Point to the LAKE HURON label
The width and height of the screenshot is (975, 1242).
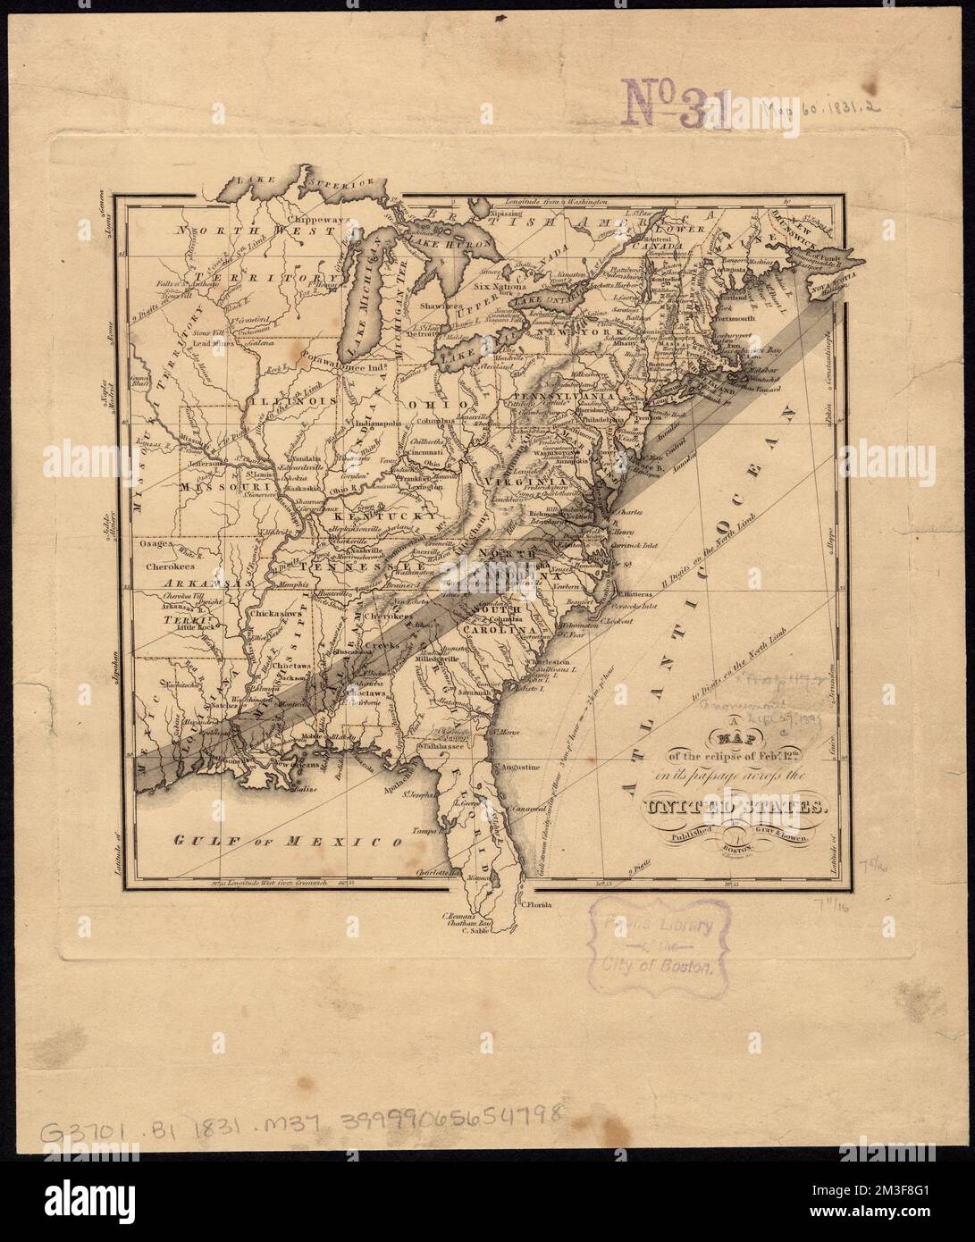tap(447, 239)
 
